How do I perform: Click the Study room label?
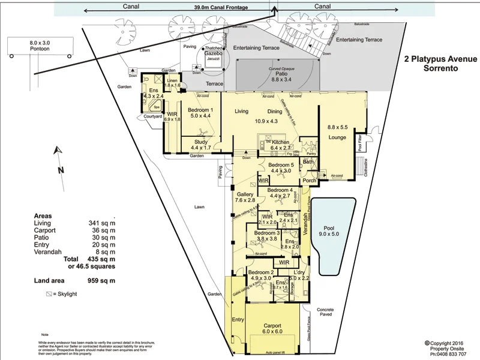pyautogui.click(x=200, y=144)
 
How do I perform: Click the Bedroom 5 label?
pyautogui.click(x=281, y=167)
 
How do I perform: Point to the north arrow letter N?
pyautogui.click(x=61, y=170)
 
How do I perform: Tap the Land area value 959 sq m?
pyautogui.click(x=101, y=280)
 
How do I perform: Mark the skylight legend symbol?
pyautogui.click(x=49, y=295)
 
